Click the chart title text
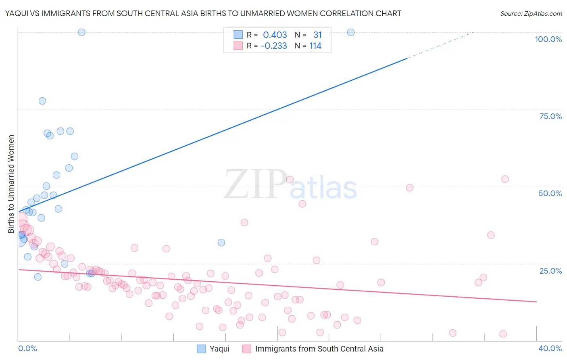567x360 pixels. point(203,13)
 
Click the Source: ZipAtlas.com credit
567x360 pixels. point(531,13)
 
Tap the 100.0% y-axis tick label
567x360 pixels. point(548,39)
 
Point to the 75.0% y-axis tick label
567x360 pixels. point(550,116)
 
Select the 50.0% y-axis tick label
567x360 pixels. point(550,193)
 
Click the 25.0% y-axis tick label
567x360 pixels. point(550,270)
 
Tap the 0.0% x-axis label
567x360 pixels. point(27,348)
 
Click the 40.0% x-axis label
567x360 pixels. point(550,348)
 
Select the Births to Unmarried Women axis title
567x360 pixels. point(11,184)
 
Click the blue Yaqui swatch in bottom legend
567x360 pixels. point(201,349)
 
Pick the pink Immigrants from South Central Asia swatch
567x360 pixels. point(247,349)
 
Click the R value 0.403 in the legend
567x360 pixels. point(275,35)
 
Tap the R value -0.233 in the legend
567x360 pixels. point(274,46)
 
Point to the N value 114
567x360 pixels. point(315,46)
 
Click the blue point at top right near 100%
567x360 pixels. point(351,32)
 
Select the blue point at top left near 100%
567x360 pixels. point(81,32)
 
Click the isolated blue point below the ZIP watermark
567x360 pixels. point(221,243)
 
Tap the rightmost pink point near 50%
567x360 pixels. point(505,179)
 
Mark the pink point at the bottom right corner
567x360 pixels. point(503,334)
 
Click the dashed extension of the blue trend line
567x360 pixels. point(440,45)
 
